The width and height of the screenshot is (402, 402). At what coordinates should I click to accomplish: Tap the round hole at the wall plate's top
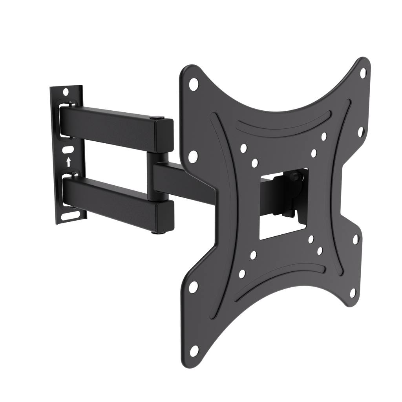click(x=66, y=91)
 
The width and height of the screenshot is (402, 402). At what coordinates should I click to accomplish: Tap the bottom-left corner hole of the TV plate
click(x=194, y=287)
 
